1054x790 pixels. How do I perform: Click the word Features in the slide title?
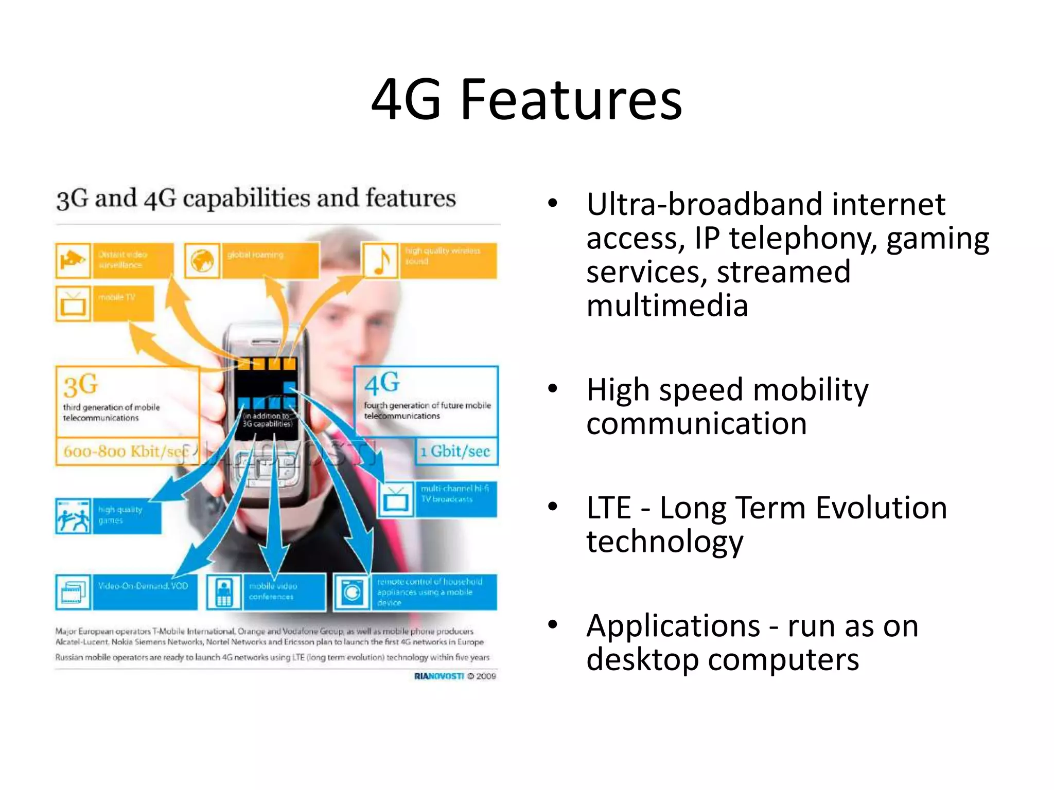pos(571,100)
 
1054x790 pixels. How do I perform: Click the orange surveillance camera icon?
pos(73,260)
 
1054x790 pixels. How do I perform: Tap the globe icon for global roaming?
pos(202,260)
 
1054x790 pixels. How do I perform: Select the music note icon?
pos(381,260)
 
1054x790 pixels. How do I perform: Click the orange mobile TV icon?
pos(73,303)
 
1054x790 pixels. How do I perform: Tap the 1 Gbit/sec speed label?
pos(455,452)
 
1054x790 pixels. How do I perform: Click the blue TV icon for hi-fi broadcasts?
pos(396,499)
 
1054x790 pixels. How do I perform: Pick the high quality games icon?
pos(73,515)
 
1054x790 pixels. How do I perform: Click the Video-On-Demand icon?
pos(73,591)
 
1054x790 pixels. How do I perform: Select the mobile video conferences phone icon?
pos(224,592)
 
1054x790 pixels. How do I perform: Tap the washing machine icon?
pos(352,592)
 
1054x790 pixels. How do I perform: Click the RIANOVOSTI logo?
pos(439,676)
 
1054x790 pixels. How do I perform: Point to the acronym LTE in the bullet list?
pos(608,508)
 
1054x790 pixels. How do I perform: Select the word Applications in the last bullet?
pos(673,626)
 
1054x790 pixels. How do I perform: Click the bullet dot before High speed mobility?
pos(553,388)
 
